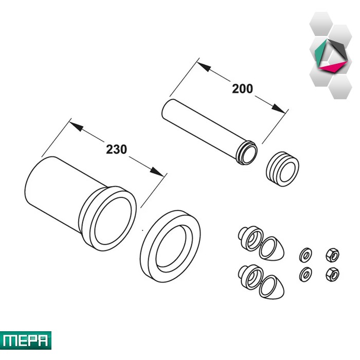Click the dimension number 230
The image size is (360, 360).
pyautogui.click(x=116, y=149)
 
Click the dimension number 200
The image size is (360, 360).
pyautogui.click(x=242, y=88)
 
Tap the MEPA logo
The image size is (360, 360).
pyautogui.click(x=26, y=340)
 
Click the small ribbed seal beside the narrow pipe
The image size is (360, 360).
pyautogui.click(x=282, y=169)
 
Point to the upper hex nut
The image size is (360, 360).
pyautogui.click(x=332, y=255)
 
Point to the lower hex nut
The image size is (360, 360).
pyautogui.click(x=332, y=274)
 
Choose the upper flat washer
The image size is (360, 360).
pyautogui.click(x=305, y=255)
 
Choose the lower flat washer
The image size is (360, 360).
pyautogui.click(x=305, y=274)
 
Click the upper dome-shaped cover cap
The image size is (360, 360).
pyautogui.click(x=272, y=249)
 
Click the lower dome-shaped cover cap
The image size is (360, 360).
pyautogui.click(x=272, y=287)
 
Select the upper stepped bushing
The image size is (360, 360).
pyautogui.click(x=250, y=238)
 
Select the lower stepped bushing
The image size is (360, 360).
pyautogui.click(x=250, y=277)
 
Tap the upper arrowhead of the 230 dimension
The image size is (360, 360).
pyautogui.click(x=76, y=127)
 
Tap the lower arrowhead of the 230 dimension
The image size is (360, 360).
pyautogui.click(x=157, y=171)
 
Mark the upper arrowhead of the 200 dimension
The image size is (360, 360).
pyautogui.click(x=204, y=66)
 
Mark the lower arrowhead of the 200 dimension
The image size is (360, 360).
pyautogui.click(x=278, y=109)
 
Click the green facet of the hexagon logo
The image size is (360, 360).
pyautogui.click(x=320, y=52)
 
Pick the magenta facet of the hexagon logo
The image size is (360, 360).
pyautogui.click(x=333, y=66)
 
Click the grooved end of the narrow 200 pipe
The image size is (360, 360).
pyautogui.click(x=247, y=153)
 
